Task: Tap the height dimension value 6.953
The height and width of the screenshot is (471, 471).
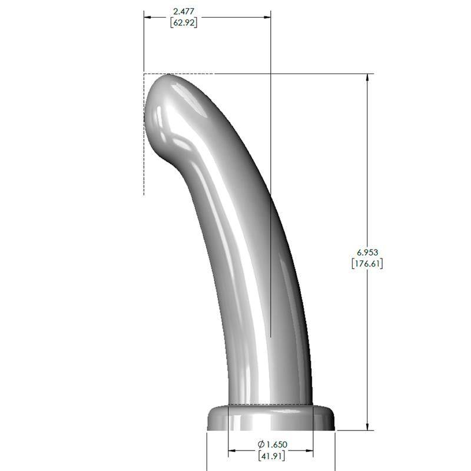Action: (x=367, y=252)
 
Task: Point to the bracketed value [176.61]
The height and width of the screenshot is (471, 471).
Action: (x=367, y=264)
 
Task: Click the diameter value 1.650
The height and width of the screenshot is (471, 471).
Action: (x=276, y=444)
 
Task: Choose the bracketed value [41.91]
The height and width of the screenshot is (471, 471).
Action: (x=271, y=456)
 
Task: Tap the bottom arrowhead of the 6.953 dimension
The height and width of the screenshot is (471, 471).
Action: (x=368, y=426)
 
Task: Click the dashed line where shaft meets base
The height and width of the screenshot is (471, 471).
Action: (x=271, y=405)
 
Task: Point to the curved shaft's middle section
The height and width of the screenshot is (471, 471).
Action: (x=247, y=247)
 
